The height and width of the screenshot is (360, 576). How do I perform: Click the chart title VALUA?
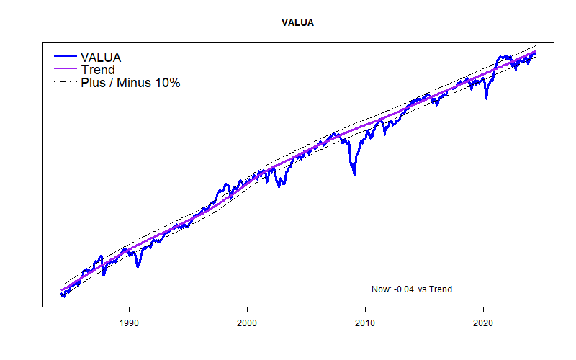click(x=297, y=23)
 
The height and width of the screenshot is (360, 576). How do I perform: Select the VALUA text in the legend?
click(x=101, y=57)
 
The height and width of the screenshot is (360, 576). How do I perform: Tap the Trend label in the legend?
click(x=97, y=70)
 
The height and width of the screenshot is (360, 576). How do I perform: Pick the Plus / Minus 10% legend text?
click(x=130, y=83)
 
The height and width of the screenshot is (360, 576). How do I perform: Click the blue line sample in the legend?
click(x=65, y=57)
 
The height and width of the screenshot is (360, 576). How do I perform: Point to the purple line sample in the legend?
click(x=65, y=70)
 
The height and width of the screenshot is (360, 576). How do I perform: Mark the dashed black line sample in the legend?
click(x=65, y=83)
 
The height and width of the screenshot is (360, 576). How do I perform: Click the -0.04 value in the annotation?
click(x=403, y=289)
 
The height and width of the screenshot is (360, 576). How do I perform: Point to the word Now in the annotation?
click(x=380, y=289)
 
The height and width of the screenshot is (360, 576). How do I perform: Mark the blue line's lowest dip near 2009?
click(x=354, y=174)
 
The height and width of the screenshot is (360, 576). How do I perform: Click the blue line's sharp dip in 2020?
click(x=486, y=98)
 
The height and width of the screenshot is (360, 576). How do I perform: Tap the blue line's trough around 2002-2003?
click(x=279, y=185)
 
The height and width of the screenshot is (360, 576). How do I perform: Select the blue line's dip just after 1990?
click(x=138, y=266)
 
